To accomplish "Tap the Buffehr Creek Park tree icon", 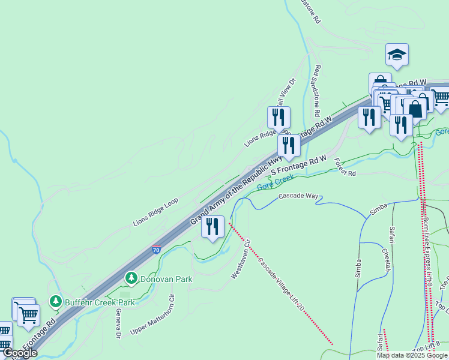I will pyautogui.click(x=56, y=300).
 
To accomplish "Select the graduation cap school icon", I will pyautogui.click(x=397, y=55).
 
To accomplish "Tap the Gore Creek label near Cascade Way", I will pyautogui.click(x=275, y=182).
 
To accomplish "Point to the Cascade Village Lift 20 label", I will pyautogui.click(x=281, y=284).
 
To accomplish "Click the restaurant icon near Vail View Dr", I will pyautogui.click(x=279, y=118).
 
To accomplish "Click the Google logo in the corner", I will pyautogui.click(x=20, y=353).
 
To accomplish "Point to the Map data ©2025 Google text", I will pyautogui.click(x=412, y=355).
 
